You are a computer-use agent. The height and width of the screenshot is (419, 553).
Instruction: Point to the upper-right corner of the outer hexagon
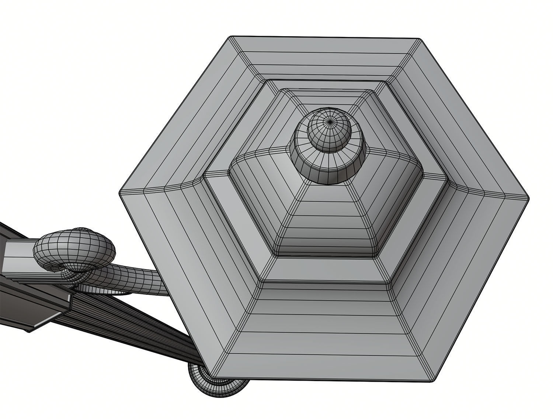[x=420, y=38]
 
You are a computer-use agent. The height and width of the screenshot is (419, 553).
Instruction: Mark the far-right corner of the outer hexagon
[x=529, y=198]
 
